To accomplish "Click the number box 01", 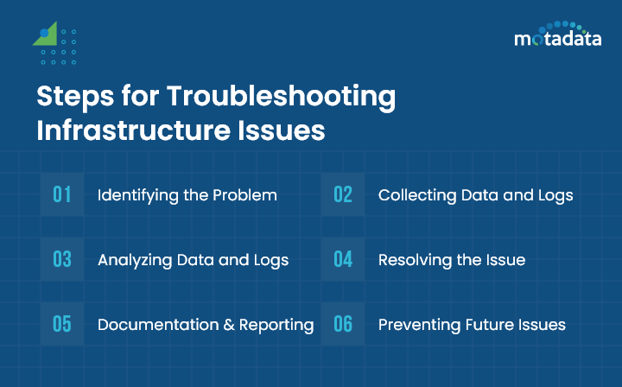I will pos(62,194).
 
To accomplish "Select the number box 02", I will pos(343,194).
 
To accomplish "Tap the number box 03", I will pos(62,259).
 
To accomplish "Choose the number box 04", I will pos(343,259).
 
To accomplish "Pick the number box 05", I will pos(62,324).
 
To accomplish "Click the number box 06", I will pos(343,324).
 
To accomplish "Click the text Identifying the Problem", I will pos(187,195).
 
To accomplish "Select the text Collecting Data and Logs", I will pos(475,195).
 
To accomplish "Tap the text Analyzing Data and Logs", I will pos(193,260).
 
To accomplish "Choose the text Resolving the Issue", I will pos(451,260).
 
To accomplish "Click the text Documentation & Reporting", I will pos(206,325).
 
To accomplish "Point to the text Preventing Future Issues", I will pos(472,325).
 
